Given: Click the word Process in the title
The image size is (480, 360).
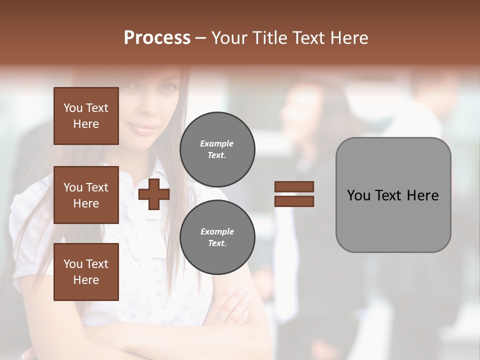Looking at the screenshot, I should coord(157,38).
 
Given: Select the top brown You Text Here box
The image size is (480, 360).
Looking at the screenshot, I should coord(86,116).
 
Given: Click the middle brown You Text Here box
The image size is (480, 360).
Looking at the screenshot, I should coord(86,195).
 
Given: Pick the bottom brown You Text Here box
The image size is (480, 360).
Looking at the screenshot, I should coord(86,272).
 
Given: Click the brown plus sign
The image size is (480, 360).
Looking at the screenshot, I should coord(154,194).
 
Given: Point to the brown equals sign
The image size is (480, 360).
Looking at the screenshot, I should coord(294,194).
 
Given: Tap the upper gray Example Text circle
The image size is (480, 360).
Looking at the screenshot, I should coord(217,149).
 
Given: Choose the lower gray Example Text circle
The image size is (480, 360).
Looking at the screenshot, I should coord(217,237).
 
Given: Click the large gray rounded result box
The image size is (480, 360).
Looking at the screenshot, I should coord(393,195).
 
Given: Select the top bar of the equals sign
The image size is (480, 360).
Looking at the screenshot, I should coord(294,187).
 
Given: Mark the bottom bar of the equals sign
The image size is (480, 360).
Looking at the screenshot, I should coord(294,201).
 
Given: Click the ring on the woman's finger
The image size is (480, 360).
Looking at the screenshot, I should coord(221,317).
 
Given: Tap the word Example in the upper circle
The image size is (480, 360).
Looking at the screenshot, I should coord(217,143).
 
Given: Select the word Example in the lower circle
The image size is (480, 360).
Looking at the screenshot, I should coord(217,231).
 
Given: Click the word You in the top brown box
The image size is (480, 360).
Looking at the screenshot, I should coord(73,108).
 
